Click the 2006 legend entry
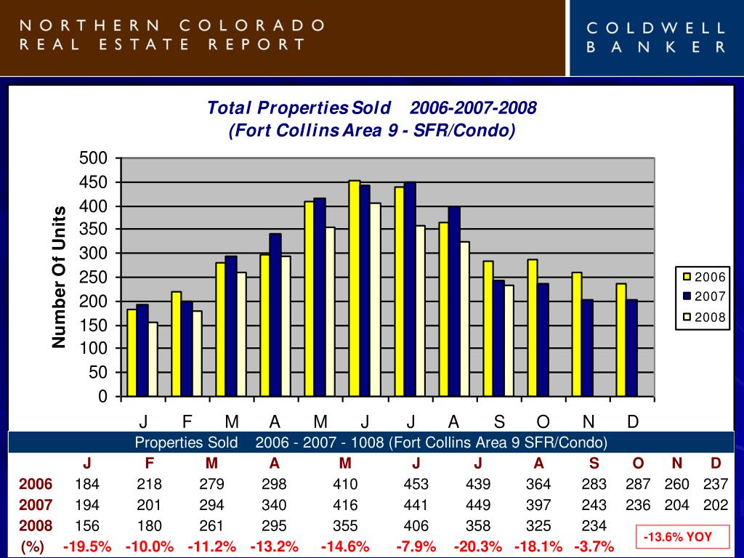703,277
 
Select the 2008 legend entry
703,317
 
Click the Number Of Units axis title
59,277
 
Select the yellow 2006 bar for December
621,340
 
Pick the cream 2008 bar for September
509,341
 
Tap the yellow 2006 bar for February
177,344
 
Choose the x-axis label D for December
633,422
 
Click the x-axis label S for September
499,422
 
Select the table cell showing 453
416,485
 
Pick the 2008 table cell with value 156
87,526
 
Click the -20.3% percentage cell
477,546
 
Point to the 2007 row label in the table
36,505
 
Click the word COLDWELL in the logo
656,28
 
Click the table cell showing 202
716,505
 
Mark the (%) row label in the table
33,546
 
